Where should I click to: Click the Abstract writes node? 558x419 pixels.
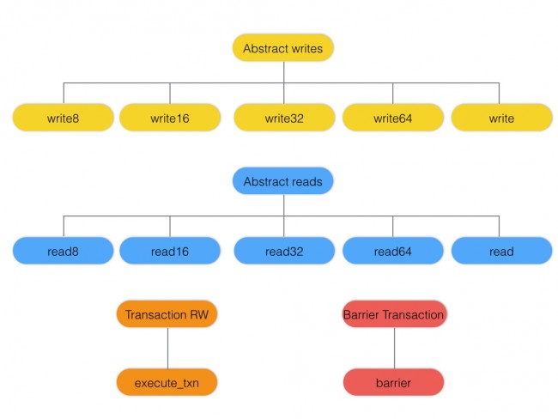tap(282, 48)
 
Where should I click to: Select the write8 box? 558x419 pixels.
tap(64, 118)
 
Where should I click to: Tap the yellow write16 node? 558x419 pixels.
tap(169, 118)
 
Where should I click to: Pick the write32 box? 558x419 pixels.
tap(283, 118)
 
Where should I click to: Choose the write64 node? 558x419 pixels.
tap(393, 118)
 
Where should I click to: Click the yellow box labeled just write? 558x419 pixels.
tap(501, 118)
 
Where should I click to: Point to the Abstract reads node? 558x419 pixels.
tap(282, 181)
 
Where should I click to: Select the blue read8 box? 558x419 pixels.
tap(64, 251)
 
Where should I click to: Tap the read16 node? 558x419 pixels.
tap(169, 251)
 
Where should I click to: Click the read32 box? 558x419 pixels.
tap(283, 251)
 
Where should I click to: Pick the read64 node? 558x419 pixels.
tap(393, 251)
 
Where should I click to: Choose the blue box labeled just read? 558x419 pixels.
tap(501, 251)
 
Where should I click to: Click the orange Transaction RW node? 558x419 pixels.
tap(167, 314)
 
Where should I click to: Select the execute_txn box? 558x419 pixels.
tap(167, 382)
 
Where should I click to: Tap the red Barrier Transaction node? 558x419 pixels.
tap(394, 314)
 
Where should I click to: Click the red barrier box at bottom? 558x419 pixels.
tap(394, 382)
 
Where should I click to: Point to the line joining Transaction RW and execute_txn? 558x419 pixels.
tap(167, 348)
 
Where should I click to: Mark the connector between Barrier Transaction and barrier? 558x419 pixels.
tap(394, 348)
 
